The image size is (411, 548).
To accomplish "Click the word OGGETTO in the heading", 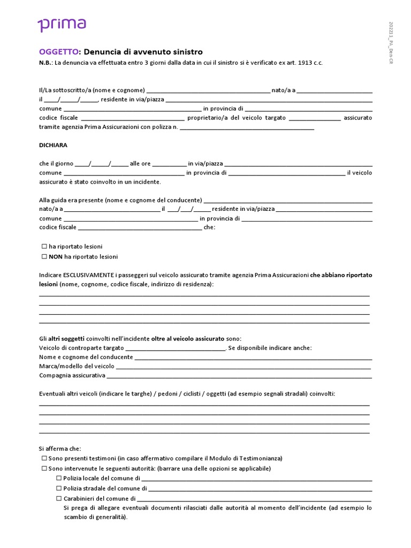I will coord(59,52).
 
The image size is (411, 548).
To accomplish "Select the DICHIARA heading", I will coord(53,145).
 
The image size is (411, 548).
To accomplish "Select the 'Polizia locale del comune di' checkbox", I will coord(59,478).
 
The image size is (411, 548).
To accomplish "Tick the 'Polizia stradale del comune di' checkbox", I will coord(59,489).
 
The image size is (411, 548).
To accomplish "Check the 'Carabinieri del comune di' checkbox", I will coord(59,498).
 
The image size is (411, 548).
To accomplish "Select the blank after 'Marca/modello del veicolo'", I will coord(243,367).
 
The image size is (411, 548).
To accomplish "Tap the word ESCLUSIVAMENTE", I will coord(88,275).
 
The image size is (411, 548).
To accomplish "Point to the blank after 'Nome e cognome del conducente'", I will coord(253,357).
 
